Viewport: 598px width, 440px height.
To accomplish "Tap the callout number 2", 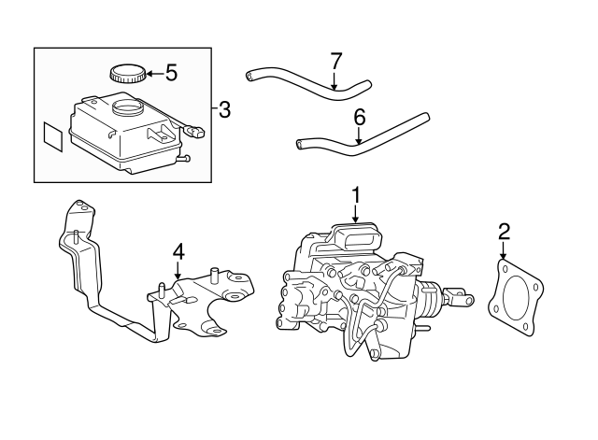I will click(x=504, y=231).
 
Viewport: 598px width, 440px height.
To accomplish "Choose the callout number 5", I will click(x=171, y=71).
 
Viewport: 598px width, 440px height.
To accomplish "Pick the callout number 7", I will click(x=336, y=62).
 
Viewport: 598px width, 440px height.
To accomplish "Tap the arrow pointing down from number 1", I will click(x=355, y=213).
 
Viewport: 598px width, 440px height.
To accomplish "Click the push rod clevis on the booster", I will click(x=459, y=299).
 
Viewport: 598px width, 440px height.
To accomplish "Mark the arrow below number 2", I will click(x=504, y=252).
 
